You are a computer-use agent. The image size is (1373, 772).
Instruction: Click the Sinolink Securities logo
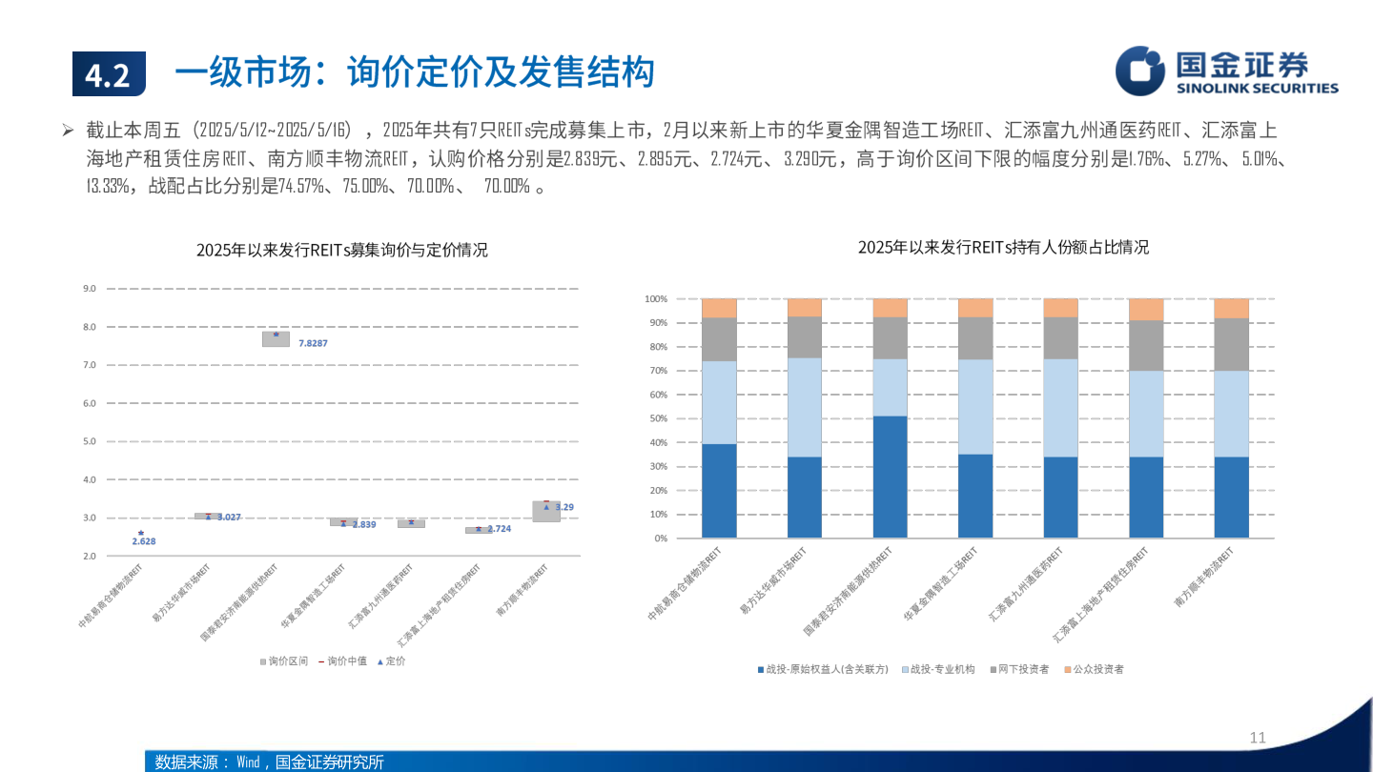pos(1227,71)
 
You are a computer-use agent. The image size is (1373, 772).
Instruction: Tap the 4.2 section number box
pos(109,74)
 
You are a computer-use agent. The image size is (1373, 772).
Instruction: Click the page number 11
pos(1257,738)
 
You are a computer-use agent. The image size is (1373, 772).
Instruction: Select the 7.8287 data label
pos(313,343)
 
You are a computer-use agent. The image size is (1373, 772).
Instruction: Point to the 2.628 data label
pos(143,541)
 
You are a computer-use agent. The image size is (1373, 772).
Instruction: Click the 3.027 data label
pos(229,517)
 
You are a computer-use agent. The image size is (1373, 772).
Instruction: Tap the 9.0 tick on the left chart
pos(91,288)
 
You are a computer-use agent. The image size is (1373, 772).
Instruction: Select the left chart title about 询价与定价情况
pos(341,251)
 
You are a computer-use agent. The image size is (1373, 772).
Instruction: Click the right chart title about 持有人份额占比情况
pos(1003,247)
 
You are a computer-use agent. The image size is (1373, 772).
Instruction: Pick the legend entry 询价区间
pos(283,660)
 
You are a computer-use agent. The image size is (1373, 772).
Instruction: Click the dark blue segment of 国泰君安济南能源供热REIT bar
pos(890,477)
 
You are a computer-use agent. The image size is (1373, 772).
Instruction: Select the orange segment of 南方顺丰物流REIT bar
pos(1231,308)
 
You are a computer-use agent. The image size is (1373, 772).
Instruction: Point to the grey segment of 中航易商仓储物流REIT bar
pos(719,339)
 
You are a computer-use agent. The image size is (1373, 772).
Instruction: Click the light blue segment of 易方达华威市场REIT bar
pos(804,407)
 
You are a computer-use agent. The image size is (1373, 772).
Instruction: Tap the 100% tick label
pos(655,298)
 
